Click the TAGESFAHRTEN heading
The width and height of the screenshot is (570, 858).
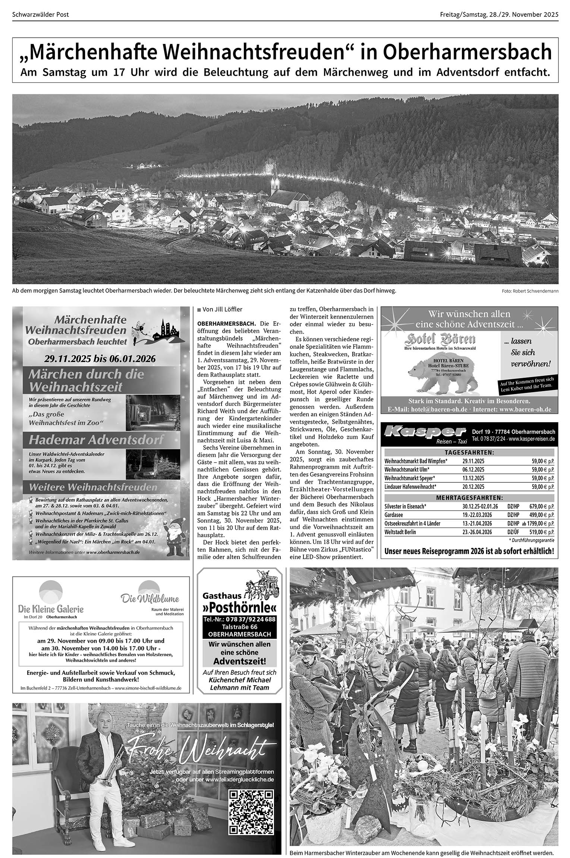tap(469, 452)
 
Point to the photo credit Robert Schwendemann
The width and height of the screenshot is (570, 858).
tap(530, 291)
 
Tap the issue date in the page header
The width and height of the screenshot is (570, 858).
tap(499, 15)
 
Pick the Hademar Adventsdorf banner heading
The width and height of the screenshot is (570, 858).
tap(96, 440)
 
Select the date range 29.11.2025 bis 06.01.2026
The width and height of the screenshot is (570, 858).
tap(100, 359)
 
